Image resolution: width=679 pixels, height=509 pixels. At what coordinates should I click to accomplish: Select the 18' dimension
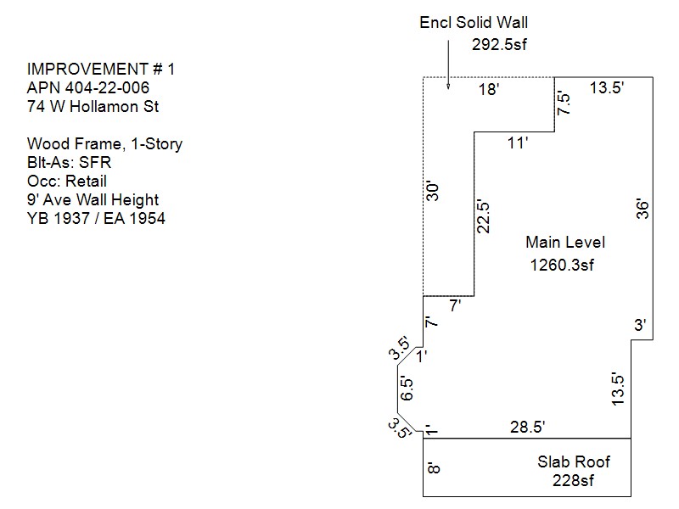487,89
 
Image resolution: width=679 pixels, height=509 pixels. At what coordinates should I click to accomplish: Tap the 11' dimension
518,143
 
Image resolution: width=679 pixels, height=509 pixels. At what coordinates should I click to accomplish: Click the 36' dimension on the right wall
643,209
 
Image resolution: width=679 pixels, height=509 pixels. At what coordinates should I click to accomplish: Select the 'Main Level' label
564,243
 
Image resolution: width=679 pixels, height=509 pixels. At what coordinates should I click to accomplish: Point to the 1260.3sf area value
561,265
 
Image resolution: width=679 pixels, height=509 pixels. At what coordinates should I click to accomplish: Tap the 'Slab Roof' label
573,462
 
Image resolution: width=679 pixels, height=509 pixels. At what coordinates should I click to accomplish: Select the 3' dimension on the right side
640,325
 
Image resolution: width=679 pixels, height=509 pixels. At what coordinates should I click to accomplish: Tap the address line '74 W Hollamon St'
93,107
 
